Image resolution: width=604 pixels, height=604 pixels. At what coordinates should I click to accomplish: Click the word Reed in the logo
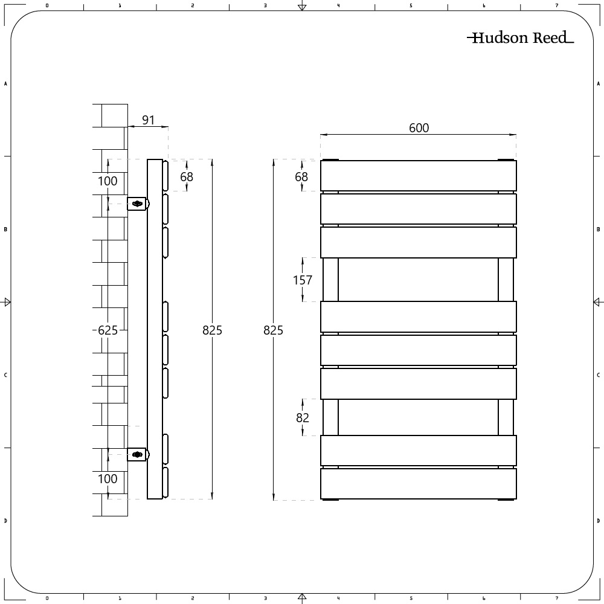tap(550, 38)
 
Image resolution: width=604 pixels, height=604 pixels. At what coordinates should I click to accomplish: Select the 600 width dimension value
tap(419, 128)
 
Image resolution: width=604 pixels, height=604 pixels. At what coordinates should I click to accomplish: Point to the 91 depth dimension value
tap(148, 120)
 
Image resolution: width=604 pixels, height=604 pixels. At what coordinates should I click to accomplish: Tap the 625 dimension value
tap(108, 330)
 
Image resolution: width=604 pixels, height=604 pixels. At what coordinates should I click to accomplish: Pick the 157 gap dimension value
tap(303, 280)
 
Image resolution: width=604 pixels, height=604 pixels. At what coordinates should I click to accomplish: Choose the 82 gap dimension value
tap(303, 417)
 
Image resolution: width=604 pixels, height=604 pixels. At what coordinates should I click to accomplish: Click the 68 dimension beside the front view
tap(301, 176)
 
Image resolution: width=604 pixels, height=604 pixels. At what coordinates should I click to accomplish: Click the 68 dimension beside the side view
tap(187, 176)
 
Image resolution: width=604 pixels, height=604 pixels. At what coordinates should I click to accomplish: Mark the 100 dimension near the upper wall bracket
tap(108, 181)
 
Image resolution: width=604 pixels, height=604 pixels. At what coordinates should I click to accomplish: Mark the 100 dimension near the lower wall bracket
tap(108, 479)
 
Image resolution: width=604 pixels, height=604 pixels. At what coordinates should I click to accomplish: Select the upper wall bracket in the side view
tap(138, 204)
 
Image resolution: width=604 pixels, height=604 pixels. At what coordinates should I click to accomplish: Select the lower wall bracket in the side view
tap(138, 455)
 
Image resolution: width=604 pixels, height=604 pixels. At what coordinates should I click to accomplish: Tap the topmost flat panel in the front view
tap(419, 176)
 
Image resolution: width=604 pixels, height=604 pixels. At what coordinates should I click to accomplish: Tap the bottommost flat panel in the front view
tap(419, 484)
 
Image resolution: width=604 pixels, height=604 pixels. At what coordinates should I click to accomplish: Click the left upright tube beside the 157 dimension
tap(330, 280)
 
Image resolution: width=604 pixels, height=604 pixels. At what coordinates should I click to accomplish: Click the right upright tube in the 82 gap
tap(506, 417)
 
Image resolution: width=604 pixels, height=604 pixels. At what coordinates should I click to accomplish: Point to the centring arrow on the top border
tap(302, 7)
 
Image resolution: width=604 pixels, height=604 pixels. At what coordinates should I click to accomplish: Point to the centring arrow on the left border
tap(7, 302)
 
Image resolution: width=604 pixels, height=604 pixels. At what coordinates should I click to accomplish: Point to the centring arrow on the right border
tap(597, 302)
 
